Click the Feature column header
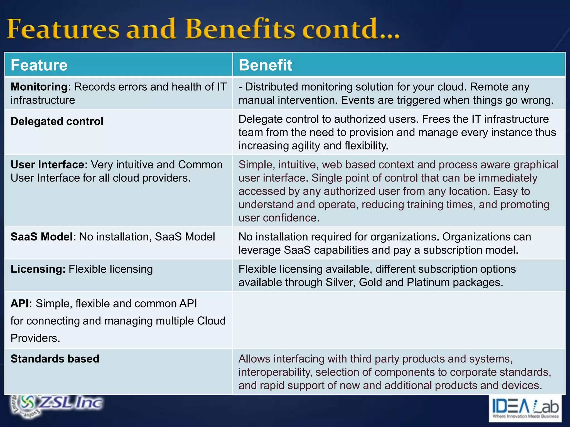click(39, 65)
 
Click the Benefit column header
click(265, 65)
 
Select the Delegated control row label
click(57, 121)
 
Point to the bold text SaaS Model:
click(43, 237)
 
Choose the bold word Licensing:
click(38, 269)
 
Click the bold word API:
click(21, 304)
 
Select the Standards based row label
click(55, 359)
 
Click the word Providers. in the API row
click(35, 338)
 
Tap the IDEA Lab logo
click(525, 408)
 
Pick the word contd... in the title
click(351, 29)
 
